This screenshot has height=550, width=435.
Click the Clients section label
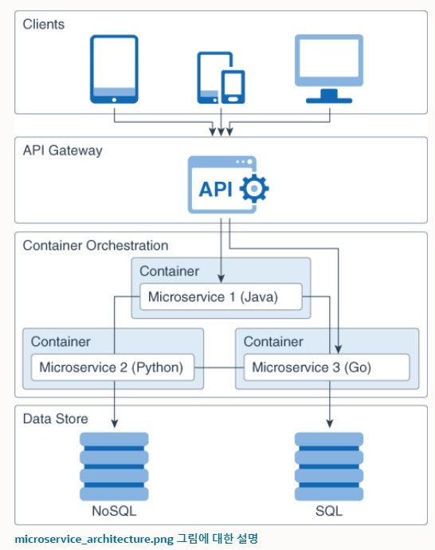point(44,24)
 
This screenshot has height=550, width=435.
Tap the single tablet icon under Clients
point(114,69)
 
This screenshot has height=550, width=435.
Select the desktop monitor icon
point(329,69)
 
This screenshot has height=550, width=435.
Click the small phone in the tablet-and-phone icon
point(233,87)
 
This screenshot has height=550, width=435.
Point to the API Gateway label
point(63,151)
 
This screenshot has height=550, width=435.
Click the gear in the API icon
point(254,188)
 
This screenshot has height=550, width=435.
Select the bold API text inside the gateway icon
point(216,190)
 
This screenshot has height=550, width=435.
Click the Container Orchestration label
point(96,246)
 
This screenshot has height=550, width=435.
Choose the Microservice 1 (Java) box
point(221,297)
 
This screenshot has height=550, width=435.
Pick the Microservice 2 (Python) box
point(112,367)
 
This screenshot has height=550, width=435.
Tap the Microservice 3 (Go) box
point(327,367)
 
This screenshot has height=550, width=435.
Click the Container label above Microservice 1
point(170,271)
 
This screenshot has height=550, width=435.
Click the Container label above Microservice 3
point(273,342)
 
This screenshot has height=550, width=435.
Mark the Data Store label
point(56,418)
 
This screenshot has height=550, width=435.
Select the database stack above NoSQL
point(114,466)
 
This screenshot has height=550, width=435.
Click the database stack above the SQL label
point(329,466)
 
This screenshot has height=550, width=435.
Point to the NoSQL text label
point(114,511)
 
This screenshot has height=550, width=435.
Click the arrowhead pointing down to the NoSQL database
point(114,423)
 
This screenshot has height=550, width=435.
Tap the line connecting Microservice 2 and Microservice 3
point(219,367)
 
